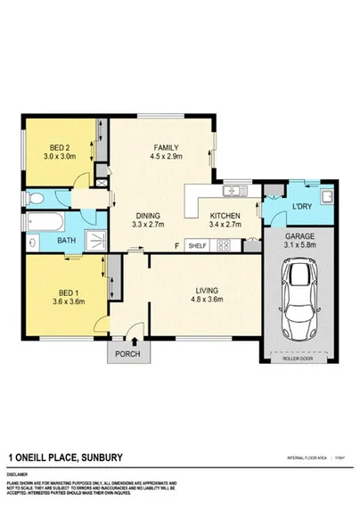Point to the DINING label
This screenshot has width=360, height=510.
tap(148, 215)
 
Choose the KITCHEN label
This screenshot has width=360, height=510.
tap(224, 215)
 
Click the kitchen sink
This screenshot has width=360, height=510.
tap(233, 190)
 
